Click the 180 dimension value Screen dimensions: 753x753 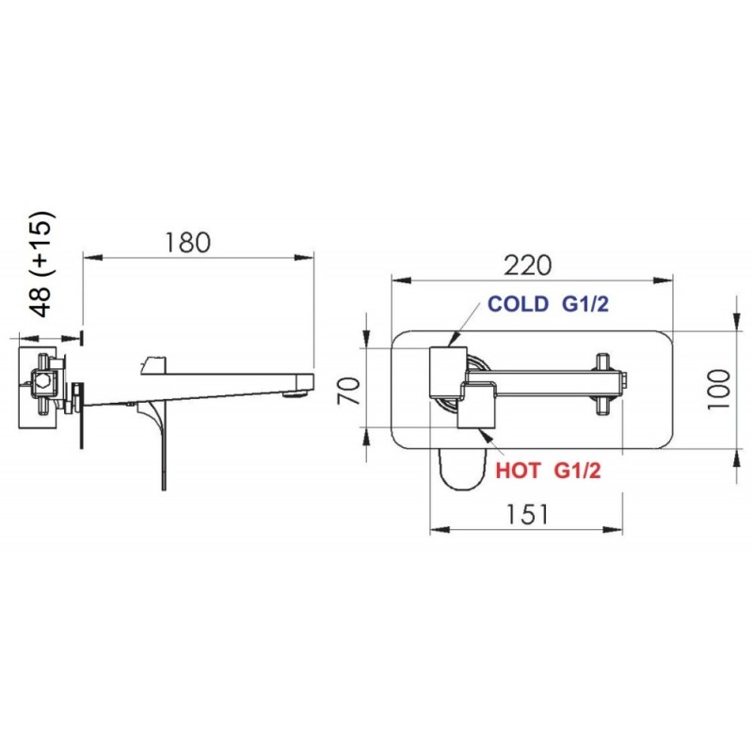(x=187, y=243)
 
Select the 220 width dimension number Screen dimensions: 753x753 (x=528, y=265)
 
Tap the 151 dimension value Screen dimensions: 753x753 (x=527, y=514)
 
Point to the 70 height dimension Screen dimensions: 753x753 (x=348, y=392)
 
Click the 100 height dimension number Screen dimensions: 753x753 (x=719, y=390)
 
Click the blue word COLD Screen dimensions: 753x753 (x=519, y=304)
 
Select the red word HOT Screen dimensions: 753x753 (x=519, y=471)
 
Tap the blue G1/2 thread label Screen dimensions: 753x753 (x=585, y=304)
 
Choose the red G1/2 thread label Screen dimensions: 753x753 (x=577, y=471)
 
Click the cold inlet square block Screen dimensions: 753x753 (x=448, y=371)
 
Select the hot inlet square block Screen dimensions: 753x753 (x=476, y=408)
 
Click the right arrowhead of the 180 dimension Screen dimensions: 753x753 (x=304, y=258)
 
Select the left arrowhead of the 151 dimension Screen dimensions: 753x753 (x=440, y=530)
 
